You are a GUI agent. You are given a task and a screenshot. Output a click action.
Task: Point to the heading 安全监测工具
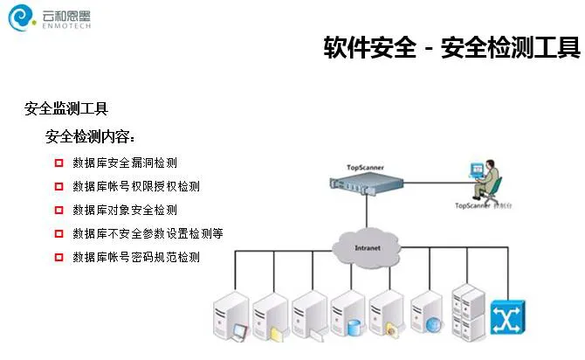pos(66,109)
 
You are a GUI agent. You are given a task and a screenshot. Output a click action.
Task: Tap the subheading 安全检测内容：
pos(90,137)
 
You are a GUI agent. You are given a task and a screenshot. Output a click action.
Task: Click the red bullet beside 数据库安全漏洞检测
pos(59,163)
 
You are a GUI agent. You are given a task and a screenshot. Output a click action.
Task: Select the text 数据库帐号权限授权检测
pos(136,186)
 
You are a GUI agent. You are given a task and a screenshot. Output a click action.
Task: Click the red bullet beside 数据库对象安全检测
pos(59,210)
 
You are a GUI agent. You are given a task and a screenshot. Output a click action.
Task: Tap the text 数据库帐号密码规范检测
pos(136,257)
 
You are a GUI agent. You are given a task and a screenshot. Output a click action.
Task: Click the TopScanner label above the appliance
pos(365,167)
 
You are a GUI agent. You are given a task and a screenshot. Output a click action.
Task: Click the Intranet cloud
pos(368,246)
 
